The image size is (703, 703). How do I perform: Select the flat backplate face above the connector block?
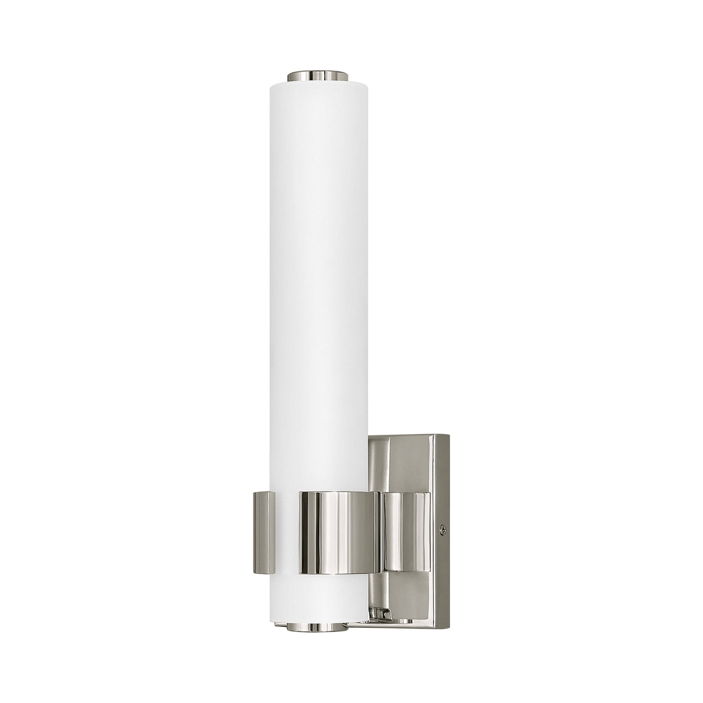[x=411, y=462]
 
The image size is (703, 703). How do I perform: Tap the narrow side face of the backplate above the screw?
[x=443, y=480]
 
